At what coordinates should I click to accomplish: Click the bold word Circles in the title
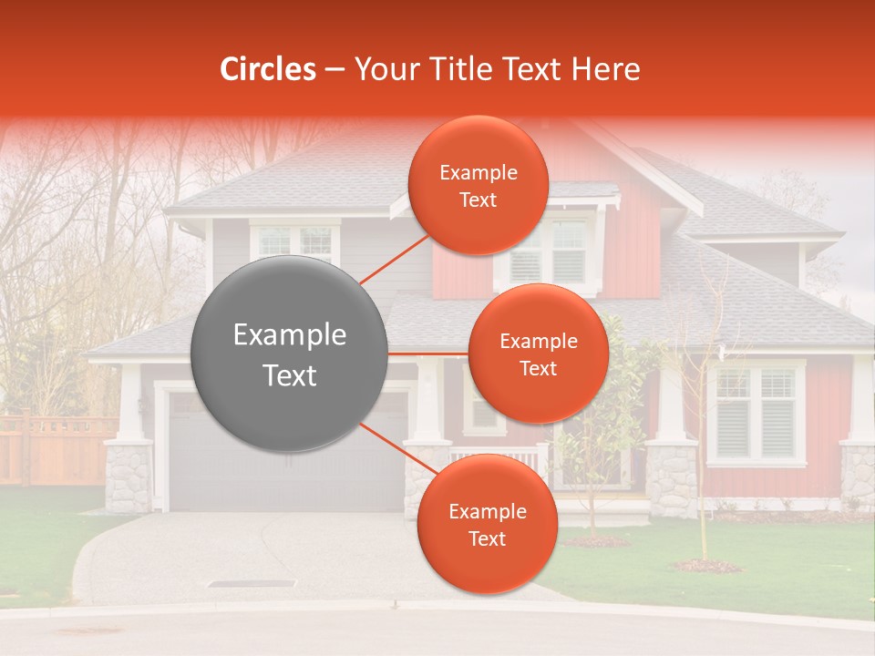[x=267, y=69]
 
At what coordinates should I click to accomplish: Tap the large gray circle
[x=290, y=354]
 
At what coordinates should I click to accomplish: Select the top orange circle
[x=478, y=185]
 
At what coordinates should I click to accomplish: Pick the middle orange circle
[x=538, y=354]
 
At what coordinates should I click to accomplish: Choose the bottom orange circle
[x=487, y=524]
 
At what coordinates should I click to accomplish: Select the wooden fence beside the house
[x=55, y=451]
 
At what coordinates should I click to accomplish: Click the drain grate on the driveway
[x=252, y=583]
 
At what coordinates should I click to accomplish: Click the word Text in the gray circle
[x=290, y=375]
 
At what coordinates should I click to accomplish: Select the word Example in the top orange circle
[x=478, y=173]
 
